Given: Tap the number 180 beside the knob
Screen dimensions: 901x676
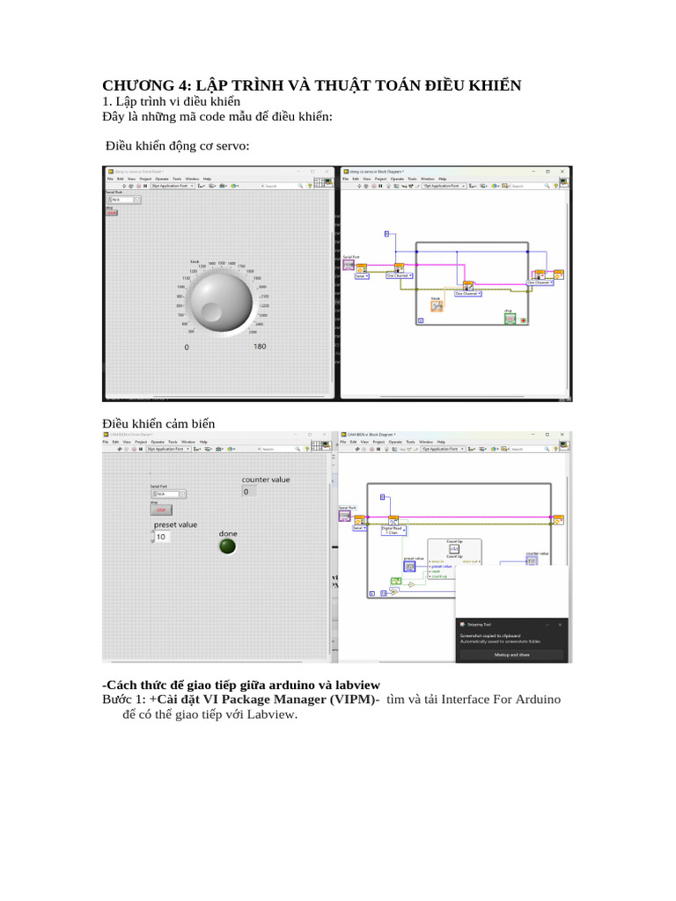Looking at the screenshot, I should tap(260, 347).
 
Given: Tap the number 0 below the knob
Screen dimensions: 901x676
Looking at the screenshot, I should tap(187, 347).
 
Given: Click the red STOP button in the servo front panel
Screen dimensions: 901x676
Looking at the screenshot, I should tap(112, 213).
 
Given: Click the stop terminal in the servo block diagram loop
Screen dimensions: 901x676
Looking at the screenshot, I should tap(509, 318).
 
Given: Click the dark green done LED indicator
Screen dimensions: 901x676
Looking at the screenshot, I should tap(228, 546).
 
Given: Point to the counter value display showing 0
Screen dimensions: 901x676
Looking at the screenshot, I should tap(249, 492).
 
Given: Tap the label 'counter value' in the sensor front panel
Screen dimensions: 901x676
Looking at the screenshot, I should tap(266, 480).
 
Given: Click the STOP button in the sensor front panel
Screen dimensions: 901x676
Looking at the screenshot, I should tap(161, 509).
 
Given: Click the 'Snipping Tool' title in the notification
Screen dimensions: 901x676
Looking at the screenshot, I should tap(480, 624).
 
